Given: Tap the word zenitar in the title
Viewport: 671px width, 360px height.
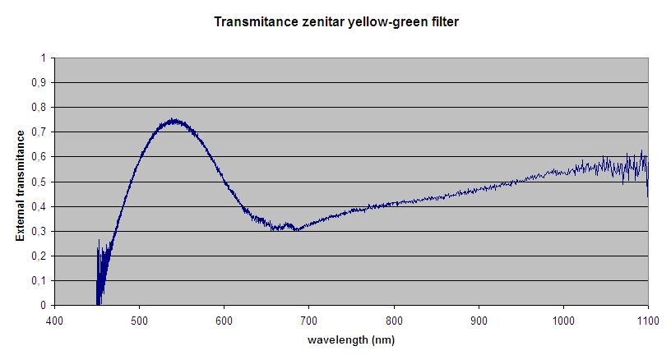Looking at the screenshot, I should click(x=313, y=22).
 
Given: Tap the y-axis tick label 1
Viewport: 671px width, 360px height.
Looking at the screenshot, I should click(x=43, y=58).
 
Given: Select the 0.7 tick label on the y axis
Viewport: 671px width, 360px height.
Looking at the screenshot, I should click(x=39, y=132).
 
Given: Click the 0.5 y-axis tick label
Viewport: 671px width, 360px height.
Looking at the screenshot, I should click(x=39, y=182).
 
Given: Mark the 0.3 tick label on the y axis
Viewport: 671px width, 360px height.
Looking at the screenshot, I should click(x=39, y=231).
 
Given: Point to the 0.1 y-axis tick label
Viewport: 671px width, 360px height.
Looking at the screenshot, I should click(x=39, y=280).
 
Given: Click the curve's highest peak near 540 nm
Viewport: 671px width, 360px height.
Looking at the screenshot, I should click(x=174, y=120).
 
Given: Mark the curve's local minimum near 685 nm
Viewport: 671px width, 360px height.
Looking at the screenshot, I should click(x=296, y=229).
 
